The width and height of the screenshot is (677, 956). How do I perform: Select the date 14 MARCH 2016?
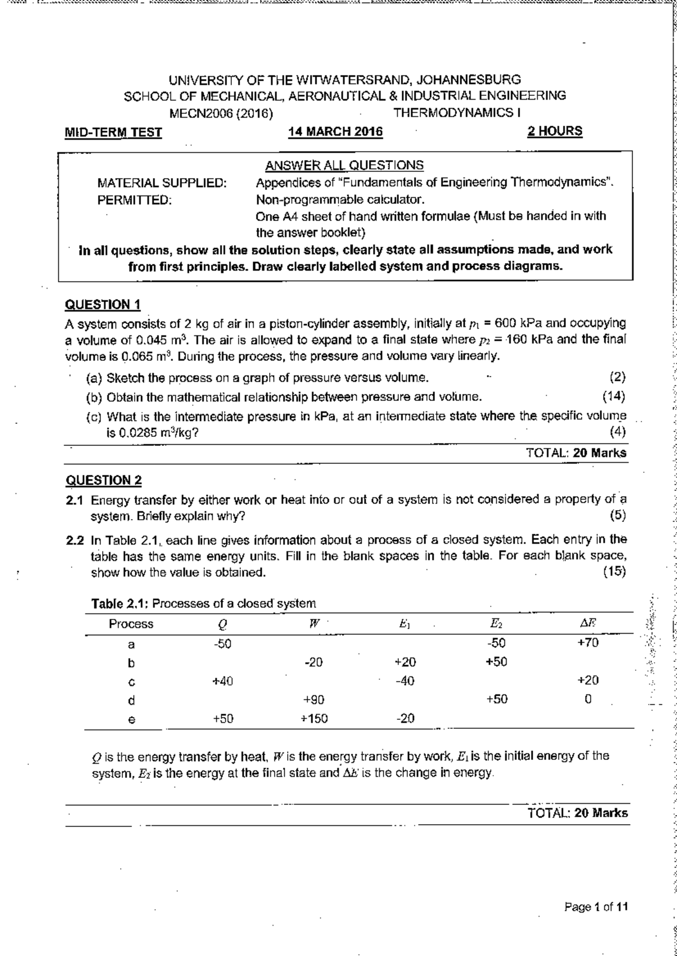coord(335,132)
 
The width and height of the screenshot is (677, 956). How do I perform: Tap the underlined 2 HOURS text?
coord(554,131)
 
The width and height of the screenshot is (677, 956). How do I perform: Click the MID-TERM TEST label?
coord(113,133)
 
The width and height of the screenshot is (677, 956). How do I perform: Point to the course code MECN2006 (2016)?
coord(222,113)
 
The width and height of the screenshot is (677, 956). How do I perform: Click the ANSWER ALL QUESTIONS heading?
coord(344,165)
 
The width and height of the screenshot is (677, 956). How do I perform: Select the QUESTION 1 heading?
coord(103,305)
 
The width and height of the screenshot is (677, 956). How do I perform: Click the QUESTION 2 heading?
coord(104,480)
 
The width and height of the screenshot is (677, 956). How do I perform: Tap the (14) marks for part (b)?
coord(614,397)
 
